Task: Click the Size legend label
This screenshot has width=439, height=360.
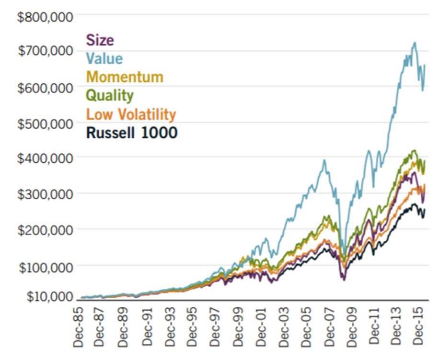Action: (x=100, y=40)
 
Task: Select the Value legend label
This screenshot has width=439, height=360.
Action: (x=104, y=58)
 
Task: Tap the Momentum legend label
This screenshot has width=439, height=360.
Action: (x=125, y=77)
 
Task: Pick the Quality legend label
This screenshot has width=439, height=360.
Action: (x=109, y=95)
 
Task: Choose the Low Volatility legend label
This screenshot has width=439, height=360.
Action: (x=131, y=114)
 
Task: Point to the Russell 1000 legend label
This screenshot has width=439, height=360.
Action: (x=132, y=133)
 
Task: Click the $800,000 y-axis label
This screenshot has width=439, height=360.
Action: (x=46, y=17)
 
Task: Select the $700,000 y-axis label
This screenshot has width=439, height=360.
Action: (x=46, y=51)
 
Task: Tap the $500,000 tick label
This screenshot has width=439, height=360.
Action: (x=46, y=123)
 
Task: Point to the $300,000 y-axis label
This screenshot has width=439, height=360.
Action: (x=46, y=193)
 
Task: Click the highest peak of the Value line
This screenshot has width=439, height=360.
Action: (x=415, y=43)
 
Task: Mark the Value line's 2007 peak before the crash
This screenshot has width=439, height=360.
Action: (x=324, y=160)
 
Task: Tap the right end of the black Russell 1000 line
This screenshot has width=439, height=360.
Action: (x=424, y=210)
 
